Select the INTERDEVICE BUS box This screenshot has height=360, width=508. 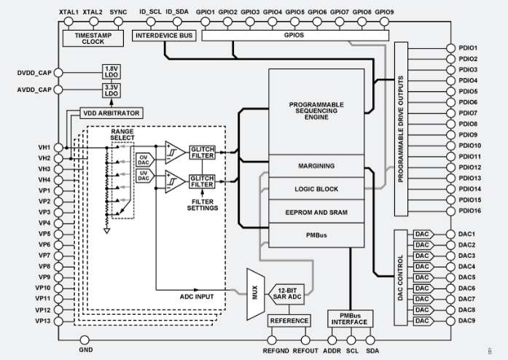click(x=164, y=35)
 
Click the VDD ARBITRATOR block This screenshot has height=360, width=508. click(x=114, y=113)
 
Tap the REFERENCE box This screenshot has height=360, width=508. click(x=289, y=321)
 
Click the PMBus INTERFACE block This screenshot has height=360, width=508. click(x=350, y=318)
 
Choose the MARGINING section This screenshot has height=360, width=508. click(x=316, y=166)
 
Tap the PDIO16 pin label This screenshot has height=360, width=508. click(x=469, y=211)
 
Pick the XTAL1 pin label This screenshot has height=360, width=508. click(x=67, y=12)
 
